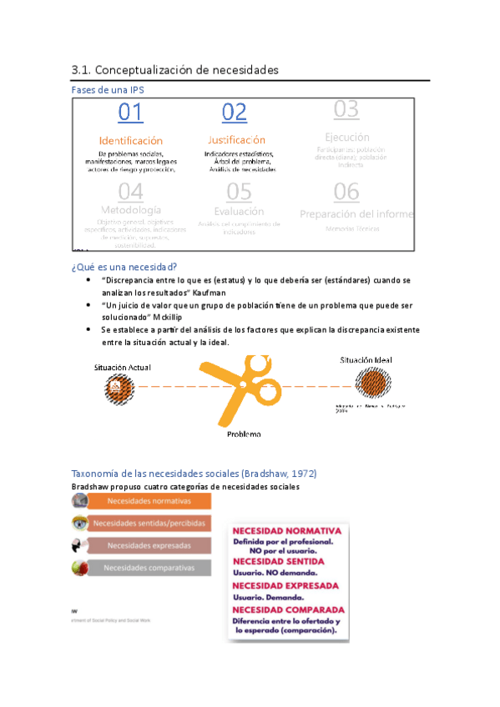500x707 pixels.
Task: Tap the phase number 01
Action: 130,113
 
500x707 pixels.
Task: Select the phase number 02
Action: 235,113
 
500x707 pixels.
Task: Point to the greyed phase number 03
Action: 346,109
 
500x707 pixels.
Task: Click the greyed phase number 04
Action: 130,192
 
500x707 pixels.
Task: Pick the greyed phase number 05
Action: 239,192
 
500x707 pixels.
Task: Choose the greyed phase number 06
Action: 346,192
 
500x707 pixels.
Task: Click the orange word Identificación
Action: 131,141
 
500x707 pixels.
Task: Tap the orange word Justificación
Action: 236,140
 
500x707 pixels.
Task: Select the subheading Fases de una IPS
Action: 113,90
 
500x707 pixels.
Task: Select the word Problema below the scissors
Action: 244,434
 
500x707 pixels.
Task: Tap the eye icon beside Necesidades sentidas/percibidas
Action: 79,524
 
